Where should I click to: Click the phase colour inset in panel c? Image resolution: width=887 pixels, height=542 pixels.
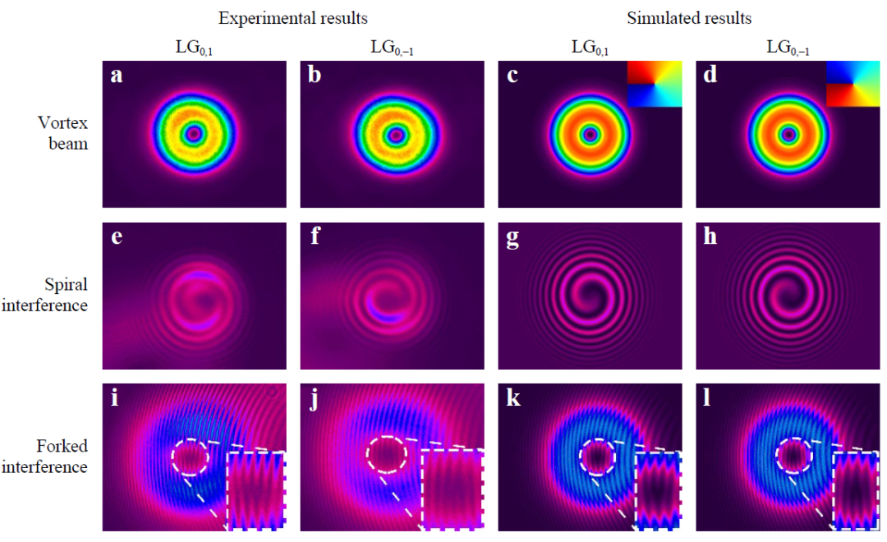[654, 85]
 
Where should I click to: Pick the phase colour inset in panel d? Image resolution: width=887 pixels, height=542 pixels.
[852, 85]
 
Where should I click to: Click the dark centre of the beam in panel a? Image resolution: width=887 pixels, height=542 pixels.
[194, 133]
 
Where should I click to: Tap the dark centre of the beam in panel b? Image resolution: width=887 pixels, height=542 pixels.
[396, 133]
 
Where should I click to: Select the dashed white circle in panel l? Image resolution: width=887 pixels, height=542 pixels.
[793, 455]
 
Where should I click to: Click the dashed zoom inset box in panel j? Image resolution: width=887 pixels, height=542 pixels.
[453, 489]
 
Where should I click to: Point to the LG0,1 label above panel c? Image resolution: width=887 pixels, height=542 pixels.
[590, 47]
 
